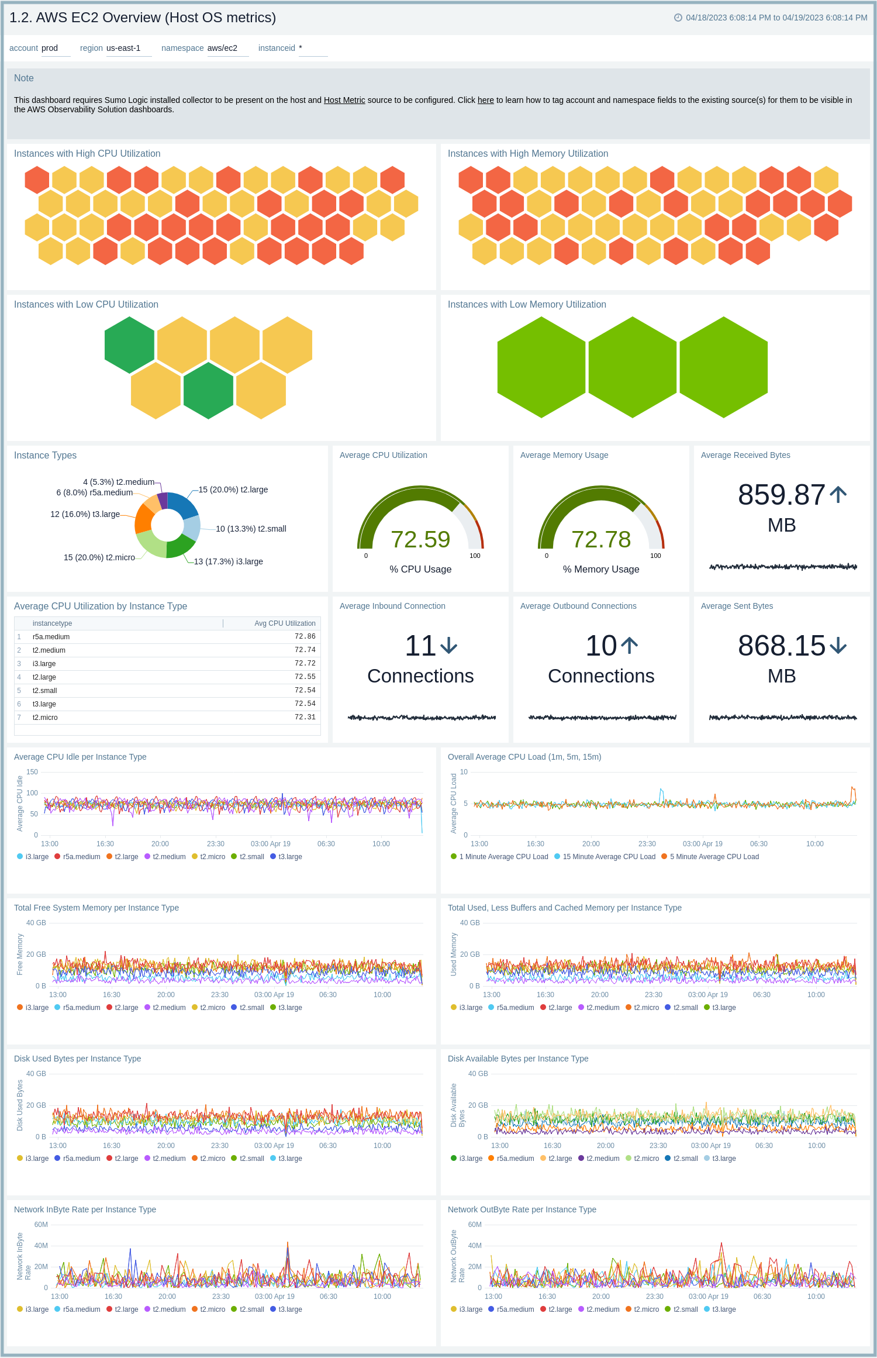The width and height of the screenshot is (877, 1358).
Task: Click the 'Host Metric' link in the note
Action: click(344, 100)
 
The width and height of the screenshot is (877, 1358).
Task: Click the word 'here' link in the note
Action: click(485, 100)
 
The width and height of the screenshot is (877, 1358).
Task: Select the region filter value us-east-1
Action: click(123, 48)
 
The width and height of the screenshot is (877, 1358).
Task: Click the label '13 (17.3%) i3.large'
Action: click(228, 561)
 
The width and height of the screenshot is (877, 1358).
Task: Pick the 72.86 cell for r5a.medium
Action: click(305, 636)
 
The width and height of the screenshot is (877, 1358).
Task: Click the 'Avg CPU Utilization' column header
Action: click(285, 623)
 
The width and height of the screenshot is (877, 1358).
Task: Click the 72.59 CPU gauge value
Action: click(420, 539)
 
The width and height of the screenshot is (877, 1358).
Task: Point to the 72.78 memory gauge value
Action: click(600, 539)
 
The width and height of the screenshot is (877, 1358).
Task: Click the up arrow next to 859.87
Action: click(838, 495)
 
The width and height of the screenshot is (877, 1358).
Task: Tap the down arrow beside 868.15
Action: click(838, 646)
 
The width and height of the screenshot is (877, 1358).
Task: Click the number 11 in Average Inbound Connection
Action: click(420, 646)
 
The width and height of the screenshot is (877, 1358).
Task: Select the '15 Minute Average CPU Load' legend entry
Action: click(608, 857)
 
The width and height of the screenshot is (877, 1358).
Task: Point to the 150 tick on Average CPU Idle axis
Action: click(32, 772)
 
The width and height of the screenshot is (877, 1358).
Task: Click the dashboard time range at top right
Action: click(776, 18)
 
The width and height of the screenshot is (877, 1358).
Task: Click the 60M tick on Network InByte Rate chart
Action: click(41, 1225)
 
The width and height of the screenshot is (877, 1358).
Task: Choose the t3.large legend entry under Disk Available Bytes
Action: click(723, 1159)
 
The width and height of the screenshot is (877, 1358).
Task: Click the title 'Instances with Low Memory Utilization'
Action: click(526, 304)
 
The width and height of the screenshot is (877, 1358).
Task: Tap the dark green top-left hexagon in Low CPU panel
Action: click(129, 345)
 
